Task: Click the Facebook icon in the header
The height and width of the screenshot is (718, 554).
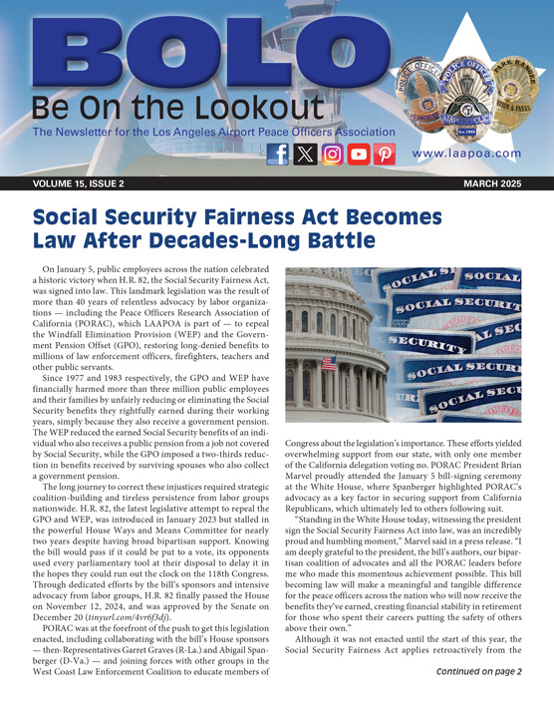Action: click(x=279, y=155)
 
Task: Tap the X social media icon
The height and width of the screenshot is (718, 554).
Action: click(x=306, y=155)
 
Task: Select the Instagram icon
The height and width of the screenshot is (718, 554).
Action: click(x=333, y=155)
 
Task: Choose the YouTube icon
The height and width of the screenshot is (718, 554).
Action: click(x=359, y=155)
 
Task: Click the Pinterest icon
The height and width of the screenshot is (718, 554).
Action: click(x=385, y=155)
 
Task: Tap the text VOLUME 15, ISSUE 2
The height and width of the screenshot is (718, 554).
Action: click(x=79, y=185)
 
